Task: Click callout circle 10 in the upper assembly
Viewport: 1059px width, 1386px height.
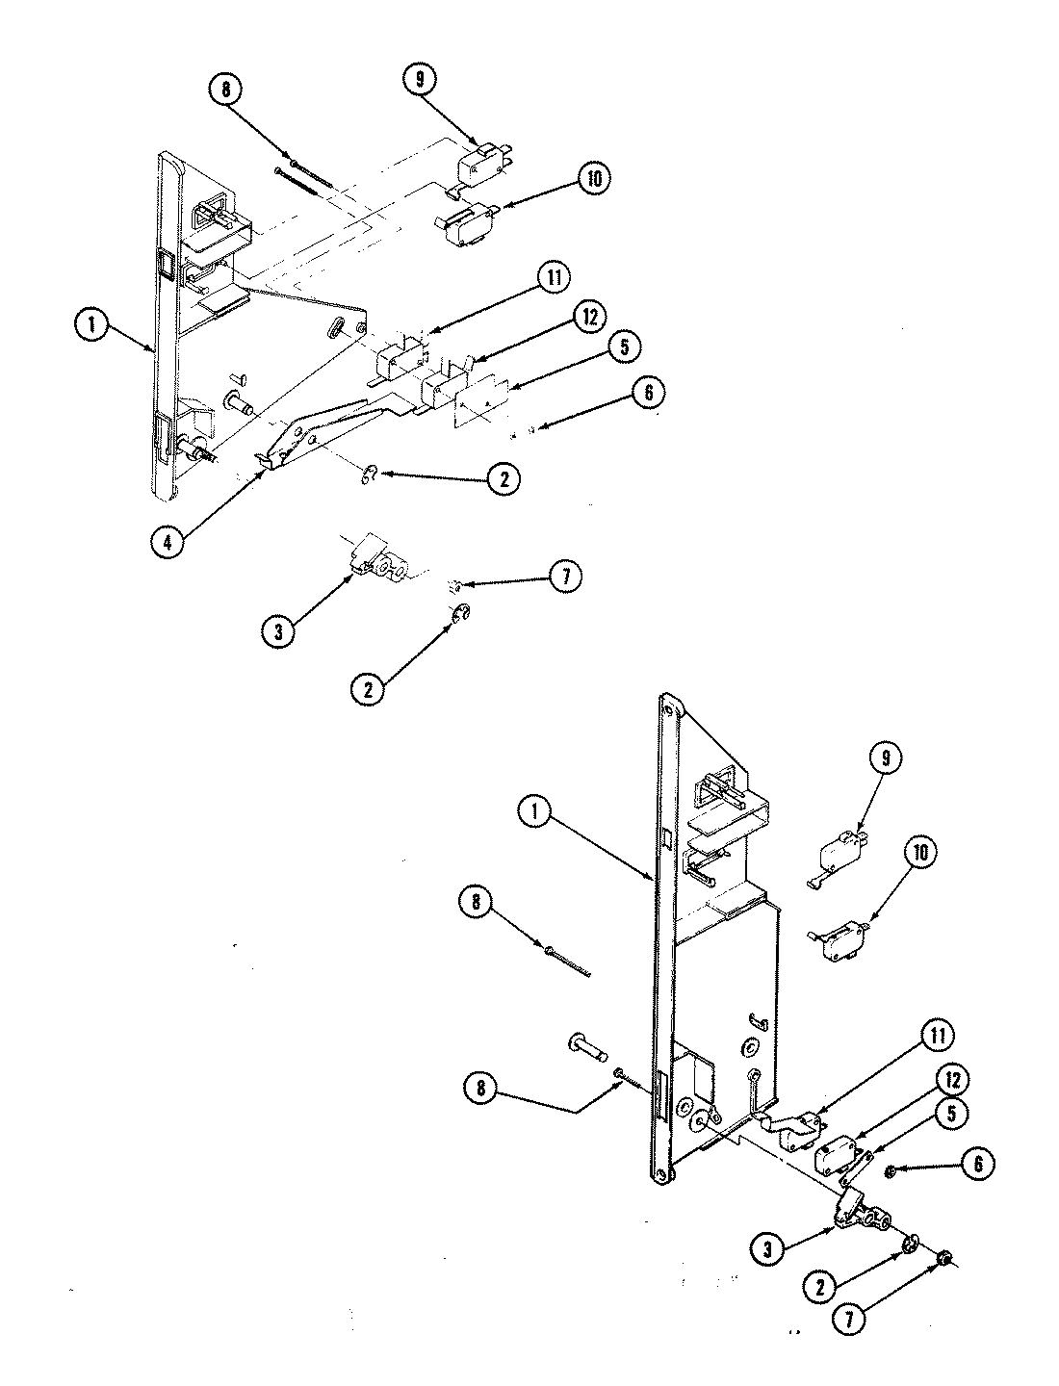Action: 594,180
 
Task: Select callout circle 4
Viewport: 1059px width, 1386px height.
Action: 168,541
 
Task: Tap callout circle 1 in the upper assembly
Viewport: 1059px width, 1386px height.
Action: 91,327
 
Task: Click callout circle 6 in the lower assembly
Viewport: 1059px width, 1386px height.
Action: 978,1163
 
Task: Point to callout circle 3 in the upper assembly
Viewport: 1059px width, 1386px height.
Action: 277,632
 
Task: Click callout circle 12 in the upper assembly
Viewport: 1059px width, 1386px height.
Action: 584,316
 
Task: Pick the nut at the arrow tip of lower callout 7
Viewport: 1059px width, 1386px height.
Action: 944,1259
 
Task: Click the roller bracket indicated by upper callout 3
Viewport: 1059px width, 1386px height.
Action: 378,564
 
